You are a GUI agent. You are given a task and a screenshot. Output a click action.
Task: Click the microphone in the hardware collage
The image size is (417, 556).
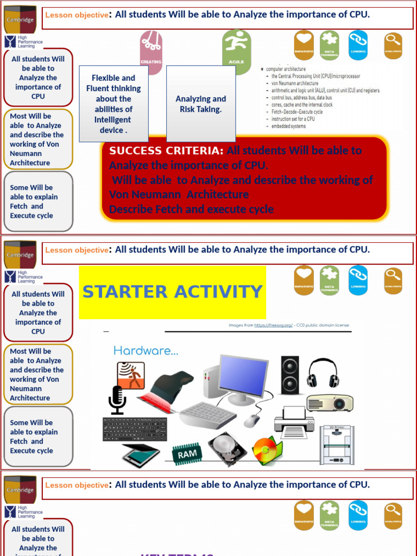[117, 399]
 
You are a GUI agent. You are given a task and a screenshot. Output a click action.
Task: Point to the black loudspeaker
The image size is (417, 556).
[289, 375]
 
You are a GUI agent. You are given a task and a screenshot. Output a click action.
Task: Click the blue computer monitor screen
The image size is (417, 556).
[243, 374]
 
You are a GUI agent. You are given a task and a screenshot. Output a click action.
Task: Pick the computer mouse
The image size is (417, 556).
[251, 420]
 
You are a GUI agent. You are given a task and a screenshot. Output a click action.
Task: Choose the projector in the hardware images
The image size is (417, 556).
[330, 403]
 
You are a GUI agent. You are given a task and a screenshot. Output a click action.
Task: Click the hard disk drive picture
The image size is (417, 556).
[227, 448]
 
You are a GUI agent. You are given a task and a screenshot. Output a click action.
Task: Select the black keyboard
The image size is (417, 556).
[135, 429]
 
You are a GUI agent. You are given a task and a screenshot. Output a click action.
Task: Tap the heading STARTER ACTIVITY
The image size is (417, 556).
[173, 292]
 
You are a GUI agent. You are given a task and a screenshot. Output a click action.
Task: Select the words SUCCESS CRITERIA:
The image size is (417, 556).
[166, 150]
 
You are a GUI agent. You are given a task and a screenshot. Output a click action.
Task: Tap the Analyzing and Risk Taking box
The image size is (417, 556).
[201, 104]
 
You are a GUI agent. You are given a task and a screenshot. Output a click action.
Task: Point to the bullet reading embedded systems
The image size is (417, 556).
[288, 126]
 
